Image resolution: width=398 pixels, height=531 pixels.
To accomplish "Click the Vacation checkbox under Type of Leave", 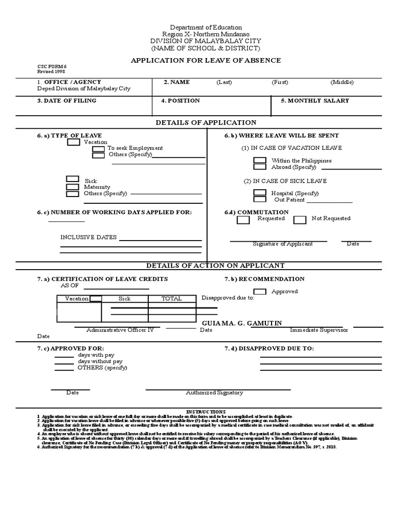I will coord(74,142).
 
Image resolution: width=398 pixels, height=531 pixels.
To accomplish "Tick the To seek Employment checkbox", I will coord(98,148).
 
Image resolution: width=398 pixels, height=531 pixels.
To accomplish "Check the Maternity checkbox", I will coord(73,187).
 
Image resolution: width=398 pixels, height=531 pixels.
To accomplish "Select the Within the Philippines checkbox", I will coord(260,161).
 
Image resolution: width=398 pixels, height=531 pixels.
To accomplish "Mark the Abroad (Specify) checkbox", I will coord(260,167).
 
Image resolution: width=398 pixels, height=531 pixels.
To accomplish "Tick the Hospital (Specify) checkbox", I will coord(260,193).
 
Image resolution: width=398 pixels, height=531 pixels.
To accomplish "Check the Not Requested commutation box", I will coord(300,220).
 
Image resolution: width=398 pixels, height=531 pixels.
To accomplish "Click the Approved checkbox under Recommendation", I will coord(260,291).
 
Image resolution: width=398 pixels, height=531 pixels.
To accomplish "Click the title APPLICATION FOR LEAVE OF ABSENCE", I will coord(206,61).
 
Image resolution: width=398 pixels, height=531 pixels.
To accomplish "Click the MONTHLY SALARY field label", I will coord(315,101).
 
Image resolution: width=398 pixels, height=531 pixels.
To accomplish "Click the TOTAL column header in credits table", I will coord(171,299).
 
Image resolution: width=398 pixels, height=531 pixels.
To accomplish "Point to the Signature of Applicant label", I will coord(282,244).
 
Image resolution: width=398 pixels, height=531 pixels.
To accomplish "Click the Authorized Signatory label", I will coord(214,393).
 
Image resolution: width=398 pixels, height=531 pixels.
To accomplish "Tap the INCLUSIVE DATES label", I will coord(89,237).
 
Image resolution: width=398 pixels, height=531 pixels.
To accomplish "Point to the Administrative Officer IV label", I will coord(120,330).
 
